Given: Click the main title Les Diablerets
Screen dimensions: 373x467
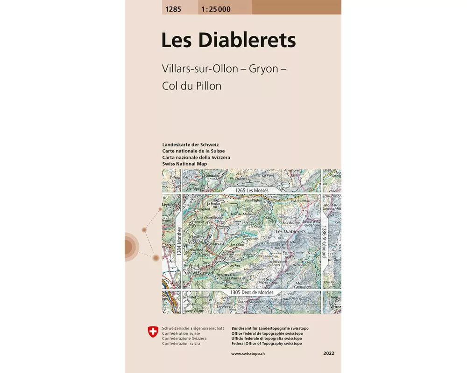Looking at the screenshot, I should (x=228, y=40).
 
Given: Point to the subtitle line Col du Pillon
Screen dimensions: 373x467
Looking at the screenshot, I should (x=191, y=86).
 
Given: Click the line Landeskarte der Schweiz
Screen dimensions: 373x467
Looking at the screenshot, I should (x=190, y=145).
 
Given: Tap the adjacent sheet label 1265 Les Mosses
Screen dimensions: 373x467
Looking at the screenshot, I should (x=246, y=191).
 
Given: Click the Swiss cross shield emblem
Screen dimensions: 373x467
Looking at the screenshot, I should (x=153, y=332).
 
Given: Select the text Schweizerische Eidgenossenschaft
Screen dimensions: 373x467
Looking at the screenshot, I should (x=193, y=328).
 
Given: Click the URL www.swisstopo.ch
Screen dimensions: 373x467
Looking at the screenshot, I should (x=248, y=354).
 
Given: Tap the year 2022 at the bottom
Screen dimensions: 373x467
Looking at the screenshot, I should (x=328, y=354).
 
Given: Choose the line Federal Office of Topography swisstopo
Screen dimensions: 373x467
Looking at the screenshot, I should (x=266, y=344).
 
